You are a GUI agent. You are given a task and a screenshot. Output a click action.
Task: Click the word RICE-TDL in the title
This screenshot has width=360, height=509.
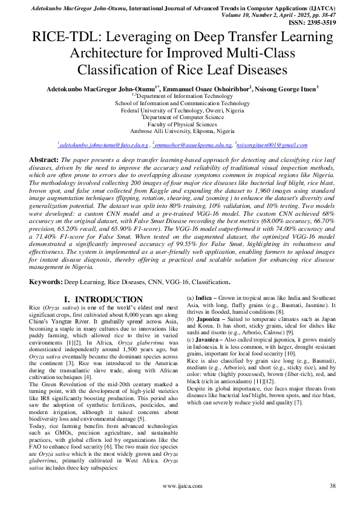(x=67, y=38)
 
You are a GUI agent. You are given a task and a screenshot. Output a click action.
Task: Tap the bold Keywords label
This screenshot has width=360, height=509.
(x=48, y=282)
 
